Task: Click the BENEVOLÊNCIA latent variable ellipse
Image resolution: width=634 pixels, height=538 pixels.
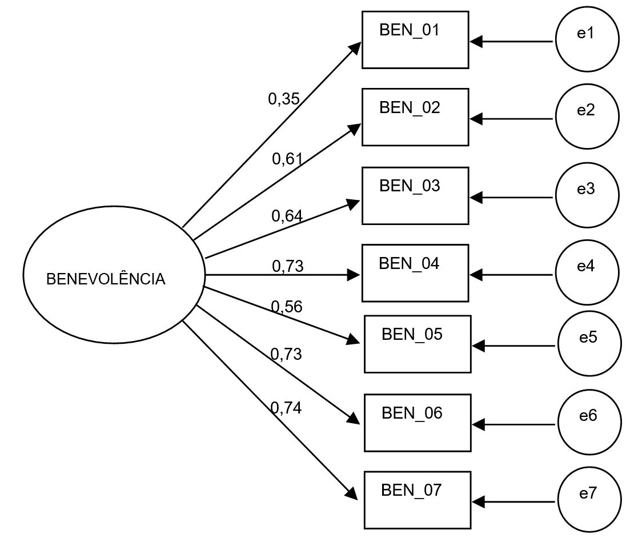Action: pyautogui.click(x=114, y=275)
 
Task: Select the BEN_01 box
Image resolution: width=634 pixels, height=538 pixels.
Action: pyautogui.click(x=415, y=40)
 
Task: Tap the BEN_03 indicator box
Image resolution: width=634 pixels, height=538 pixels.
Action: pyautogui.click(x=415, y=195)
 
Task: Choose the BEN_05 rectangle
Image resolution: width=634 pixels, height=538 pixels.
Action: pyautogui.click(x=418, y=344)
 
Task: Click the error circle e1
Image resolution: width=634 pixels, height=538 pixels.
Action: pyautogui.click(x=587, y=39)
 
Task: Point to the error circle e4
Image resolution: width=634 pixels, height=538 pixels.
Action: pyautogui.click(x=587, y=272)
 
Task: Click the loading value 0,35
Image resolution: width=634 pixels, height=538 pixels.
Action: pyautogui.click(x=284, y=99)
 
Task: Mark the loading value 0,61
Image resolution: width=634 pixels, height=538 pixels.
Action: pyautogui.click(x=287, y=159)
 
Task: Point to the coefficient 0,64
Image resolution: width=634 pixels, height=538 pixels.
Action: pyautogui.click(x=287, y=215)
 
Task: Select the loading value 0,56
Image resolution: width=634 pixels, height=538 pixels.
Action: pyautogui.click(x=287, y=307)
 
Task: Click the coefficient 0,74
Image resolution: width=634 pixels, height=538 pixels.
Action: pyautogui.click(x=286, y=407)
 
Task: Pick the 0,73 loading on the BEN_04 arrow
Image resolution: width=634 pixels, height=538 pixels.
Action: pyautogui.click(x=287, y=266)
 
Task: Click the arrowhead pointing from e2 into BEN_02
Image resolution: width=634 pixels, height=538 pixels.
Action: pyautogui.click(x=476, y=119)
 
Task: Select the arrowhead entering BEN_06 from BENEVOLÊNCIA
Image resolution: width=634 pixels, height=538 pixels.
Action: pyautogui.click(x=354, y=418)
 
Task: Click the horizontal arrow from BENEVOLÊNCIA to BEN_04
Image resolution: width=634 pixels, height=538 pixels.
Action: pyautogui.click(x=274, y=275)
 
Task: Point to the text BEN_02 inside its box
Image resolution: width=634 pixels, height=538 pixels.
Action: pyautogui.click(x=410, y=107)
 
